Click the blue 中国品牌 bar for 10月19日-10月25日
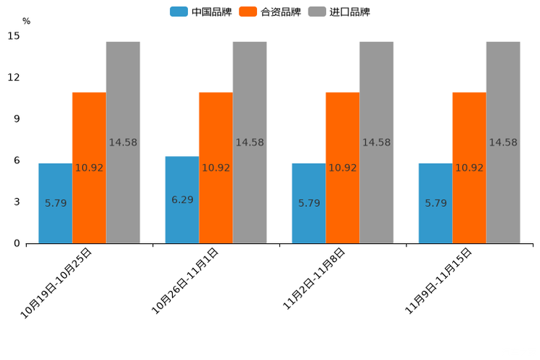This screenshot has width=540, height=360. click(55, 203)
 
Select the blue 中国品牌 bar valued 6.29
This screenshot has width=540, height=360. click(182, 200)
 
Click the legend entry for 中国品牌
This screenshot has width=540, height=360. click(201, 12)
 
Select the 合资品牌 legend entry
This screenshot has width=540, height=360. click(270, 12)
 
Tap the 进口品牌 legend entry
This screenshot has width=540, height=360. click(339, 12)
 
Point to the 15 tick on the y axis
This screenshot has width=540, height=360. click(14, 36)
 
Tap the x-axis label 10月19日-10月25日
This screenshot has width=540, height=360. click(56, 283)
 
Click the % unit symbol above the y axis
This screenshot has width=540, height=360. click(26, 21)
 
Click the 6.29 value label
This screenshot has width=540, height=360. click(182, 200)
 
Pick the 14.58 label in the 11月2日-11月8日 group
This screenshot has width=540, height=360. click(376, 142)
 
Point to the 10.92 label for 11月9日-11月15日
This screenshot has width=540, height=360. click(469, 168)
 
